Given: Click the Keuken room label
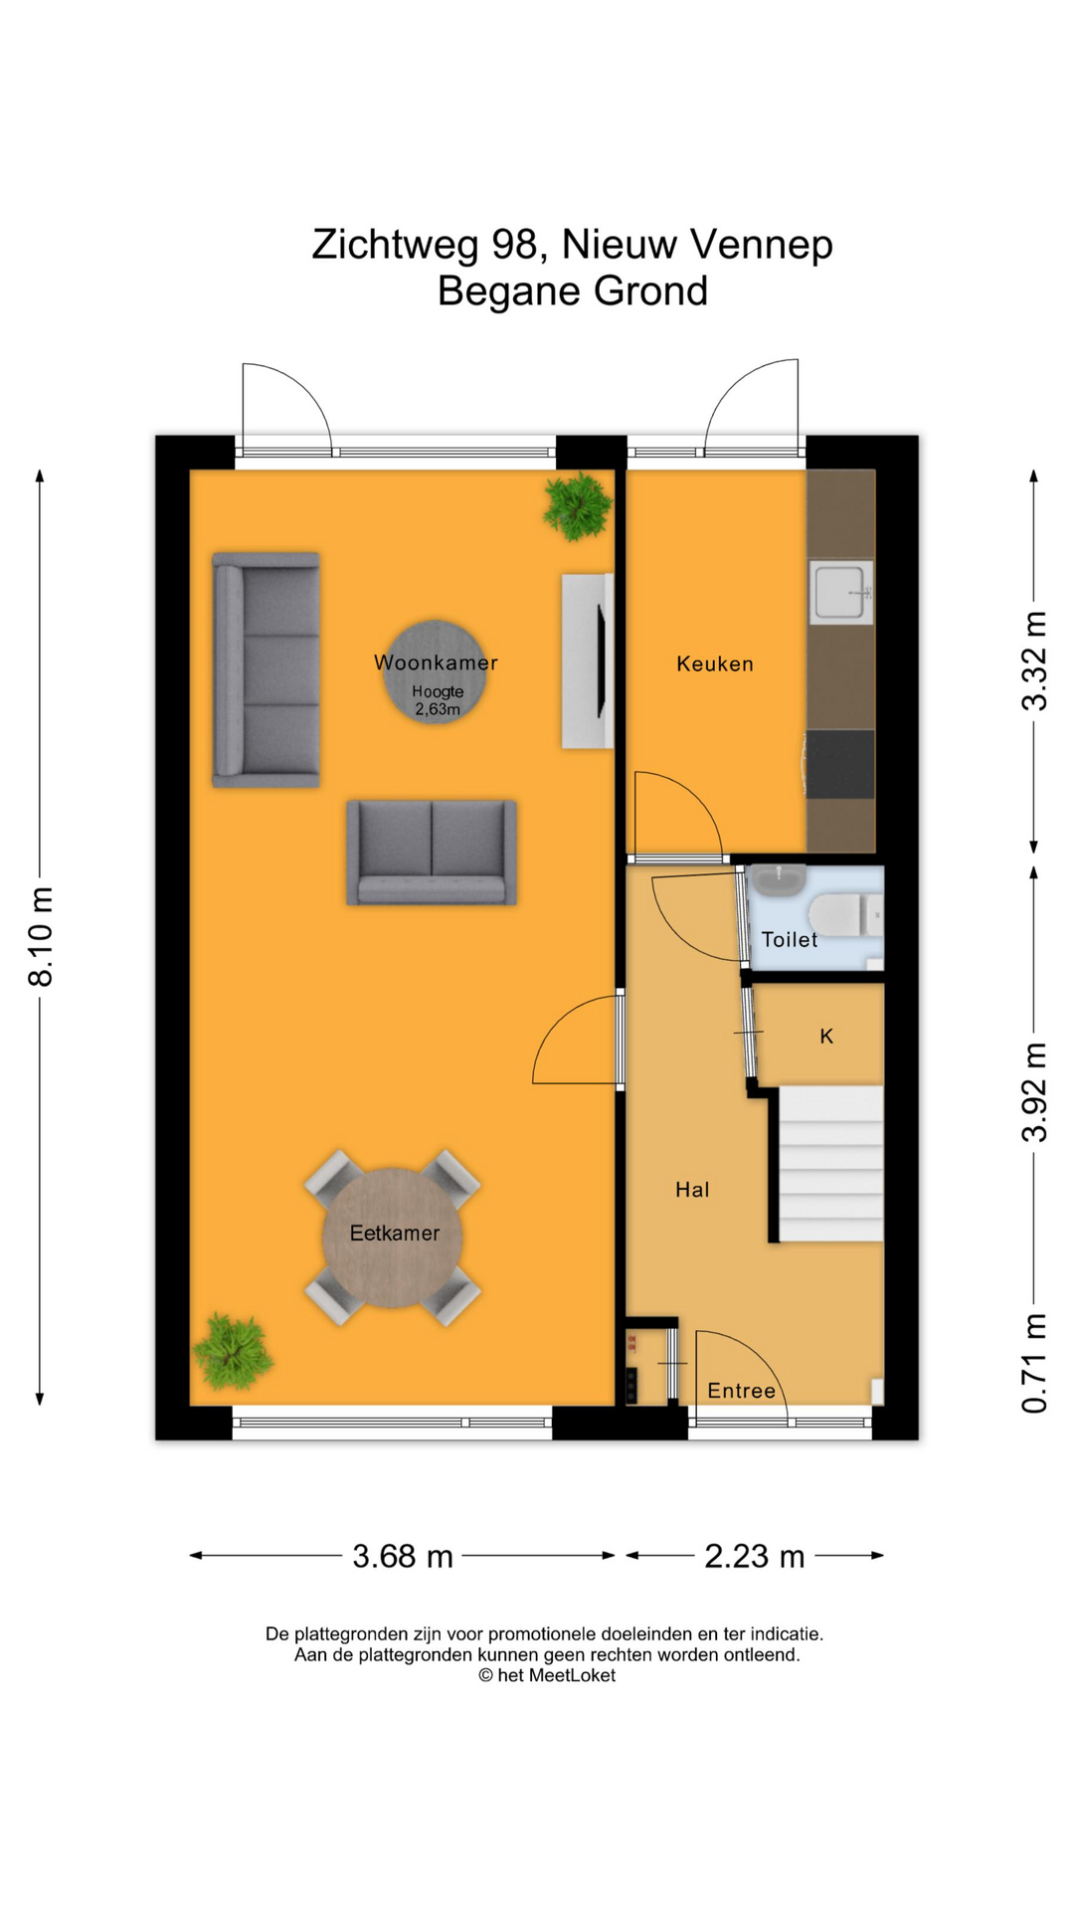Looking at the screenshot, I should click(x=714, y=664).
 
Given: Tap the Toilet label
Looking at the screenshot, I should click(x=789, y=939).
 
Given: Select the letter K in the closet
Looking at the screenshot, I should click(x=826, y=1037).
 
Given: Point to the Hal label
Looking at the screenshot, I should click(x=692, y=1190).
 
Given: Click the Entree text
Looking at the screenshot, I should click(x=741, y=1391).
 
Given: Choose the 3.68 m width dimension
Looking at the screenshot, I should click(x=402, y=1556).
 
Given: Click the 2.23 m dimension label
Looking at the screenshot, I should click(x=754, y=1556).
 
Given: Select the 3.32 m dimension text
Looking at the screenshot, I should click(x=1034, y=661).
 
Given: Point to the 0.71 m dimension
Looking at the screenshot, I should click(x=1034, y=1363).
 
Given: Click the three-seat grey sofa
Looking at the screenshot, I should click(x=267, y=669).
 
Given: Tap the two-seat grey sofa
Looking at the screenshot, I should click(x=432, y=852).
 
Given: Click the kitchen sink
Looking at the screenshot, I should click(x=840, y=592).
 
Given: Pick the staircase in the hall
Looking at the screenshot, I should click(x=830, y=1164).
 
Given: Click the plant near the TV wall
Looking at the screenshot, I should click(x=576, y=505).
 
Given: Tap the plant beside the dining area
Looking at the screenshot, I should click(x=233, y=1351).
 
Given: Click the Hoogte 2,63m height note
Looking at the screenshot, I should click(x=438, y=700).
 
